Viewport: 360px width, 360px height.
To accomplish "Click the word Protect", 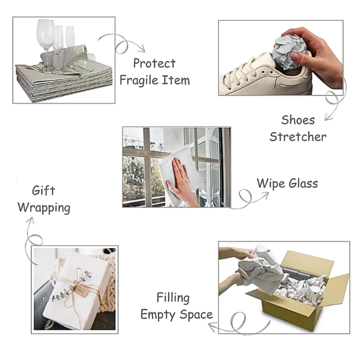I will pyautogui.click(x=154, y=63).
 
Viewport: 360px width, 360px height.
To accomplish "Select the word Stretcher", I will pyautogui.click(x=298, y=137).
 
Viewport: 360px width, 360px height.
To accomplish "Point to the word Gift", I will pyautogui.click(x=43, y=190).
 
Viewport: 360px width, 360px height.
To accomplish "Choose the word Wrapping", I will pyautogui.click(x=44, y=208).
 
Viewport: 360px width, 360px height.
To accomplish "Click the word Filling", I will pyautogui.click(x=173, y=297).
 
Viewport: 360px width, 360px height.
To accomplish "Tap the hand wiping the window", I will pyautogui.click(x=182, y=180).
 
